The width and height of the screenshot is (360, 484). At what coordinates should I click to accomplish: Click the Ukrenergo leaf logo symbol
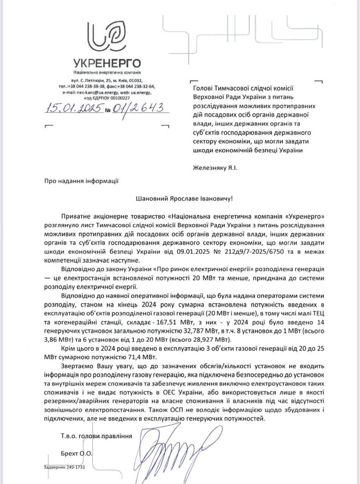tap(107, 36)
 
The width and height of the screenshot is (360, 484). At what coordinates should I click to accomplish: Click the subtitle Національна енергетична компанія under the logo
tap(107, 73)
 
